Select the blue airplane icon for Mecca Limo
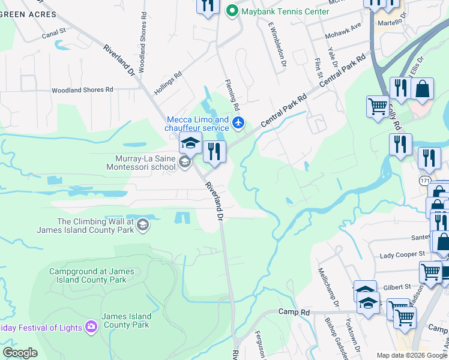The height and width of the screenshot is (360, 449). pyautogui.click(x=239, y=123)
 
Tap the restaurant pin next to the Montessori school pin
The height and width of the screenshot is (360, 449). pyautogui.click(x=214, y=152)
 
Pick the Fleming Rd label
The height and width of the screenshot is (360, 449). pyautogui.click(x=233, y=95)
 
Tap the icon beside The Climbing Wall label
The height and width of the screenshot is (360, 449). pyautogui.click(x=143, y=225)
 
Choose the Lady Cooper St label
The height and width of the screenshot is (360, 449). pyautogui.click(x=403, y=256)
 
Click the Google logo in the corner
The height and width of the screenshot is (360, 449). pyautogui.click(x=20, y=353)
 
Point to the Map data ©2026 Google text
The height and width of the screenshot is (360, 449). pyautogui.click(x=411, y=355)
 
